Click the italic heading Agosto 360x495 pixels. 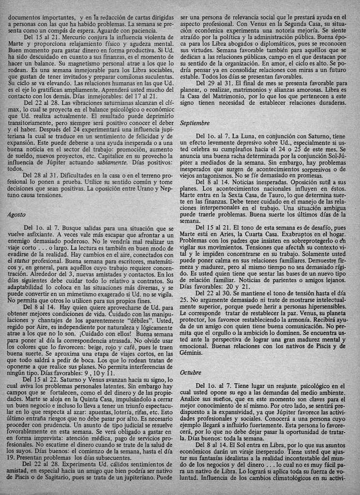[x=18, y=214]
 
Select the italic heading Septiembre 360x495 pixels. [x=195, y=123]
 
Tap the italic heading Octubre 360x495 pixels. [x=191, y=373]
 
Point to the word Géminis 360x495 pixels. [x=192, y=353]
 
